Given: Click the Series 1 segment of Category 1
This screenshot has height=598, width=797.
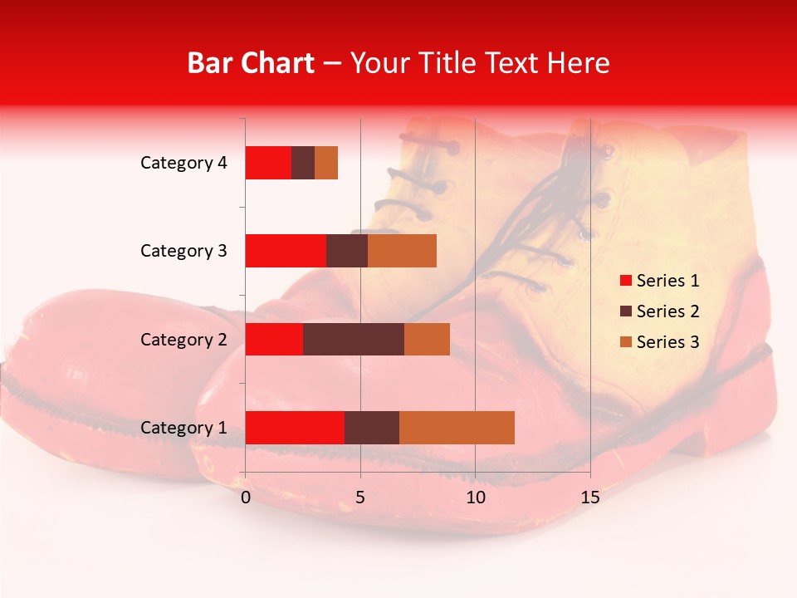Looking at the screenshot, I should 295,428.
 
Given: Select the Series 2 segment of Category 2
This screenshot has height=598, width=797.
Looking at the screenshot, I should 354,339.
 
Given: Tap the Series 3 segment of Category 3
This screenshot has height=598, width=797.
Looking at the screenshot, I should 402,251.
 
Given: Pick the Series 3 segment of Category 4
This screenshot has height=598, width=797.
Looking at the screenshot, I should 326,163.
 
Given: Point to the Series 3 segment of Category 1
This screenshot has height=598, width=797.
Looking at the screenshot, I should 457,428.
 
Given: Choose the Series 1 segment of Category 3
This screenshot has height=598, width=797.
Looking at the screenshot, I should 286,251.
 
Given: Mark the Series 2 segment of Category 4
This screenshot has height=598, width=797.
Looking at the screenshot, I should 303,163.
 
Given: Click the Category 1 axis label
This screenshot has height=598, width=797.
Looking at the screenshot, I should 183,428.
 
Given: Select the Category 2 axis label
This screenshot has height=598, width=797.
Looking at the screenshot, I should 183,339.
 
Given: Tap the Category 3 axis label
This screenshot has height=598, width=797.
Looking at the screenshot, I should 183,251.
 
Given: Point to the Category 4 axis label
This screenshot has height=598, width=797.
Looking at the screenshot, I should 183,163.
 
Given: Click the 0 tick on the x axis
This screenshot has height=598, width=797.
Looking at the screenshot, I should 246,498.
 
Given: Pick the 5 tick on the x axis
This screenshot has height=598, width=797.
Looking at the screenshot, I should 360,498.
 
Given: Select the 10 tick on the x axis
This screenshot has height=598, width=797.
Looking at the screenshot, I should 475,498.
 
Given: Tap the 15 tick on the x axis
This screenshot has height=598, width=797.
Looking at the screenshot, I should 590,498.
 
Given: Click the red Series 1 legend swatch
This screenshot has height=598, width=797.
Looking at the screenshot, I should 625,281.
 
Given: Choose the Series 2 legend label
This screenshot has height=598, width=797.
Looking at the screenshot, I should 667,311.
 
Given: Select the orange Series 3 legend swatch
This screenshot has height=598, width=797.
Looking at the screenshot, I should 625,342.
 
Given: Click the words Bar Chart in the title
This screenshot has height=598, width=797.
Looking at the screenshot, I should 251,62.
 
